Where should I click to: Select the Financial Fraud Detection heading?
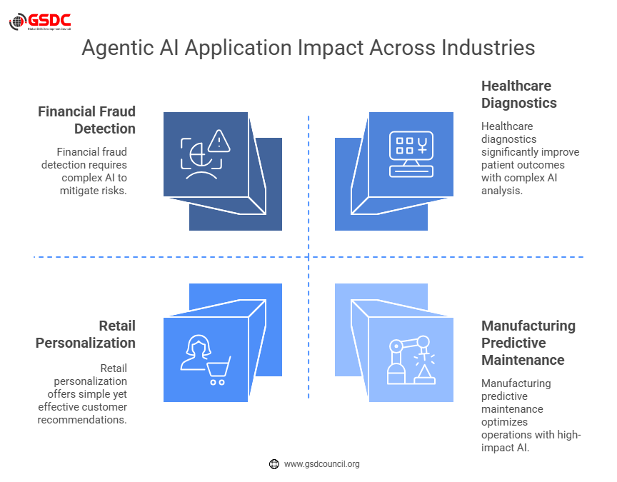[x=86, y=120]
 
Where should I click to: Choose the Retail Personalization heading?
[x=86, y=334]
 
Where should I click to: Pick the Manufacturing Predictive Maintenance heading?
[x=528, y=343]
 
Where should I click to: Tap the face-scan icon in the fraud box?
[x=196, y=159]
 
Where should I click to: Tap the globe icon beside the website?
[x=274, y=464]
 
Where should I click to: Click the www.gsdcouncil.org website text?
[x=321, y=464]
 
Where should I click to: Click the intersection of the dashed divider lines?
[x=308, y=257]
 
